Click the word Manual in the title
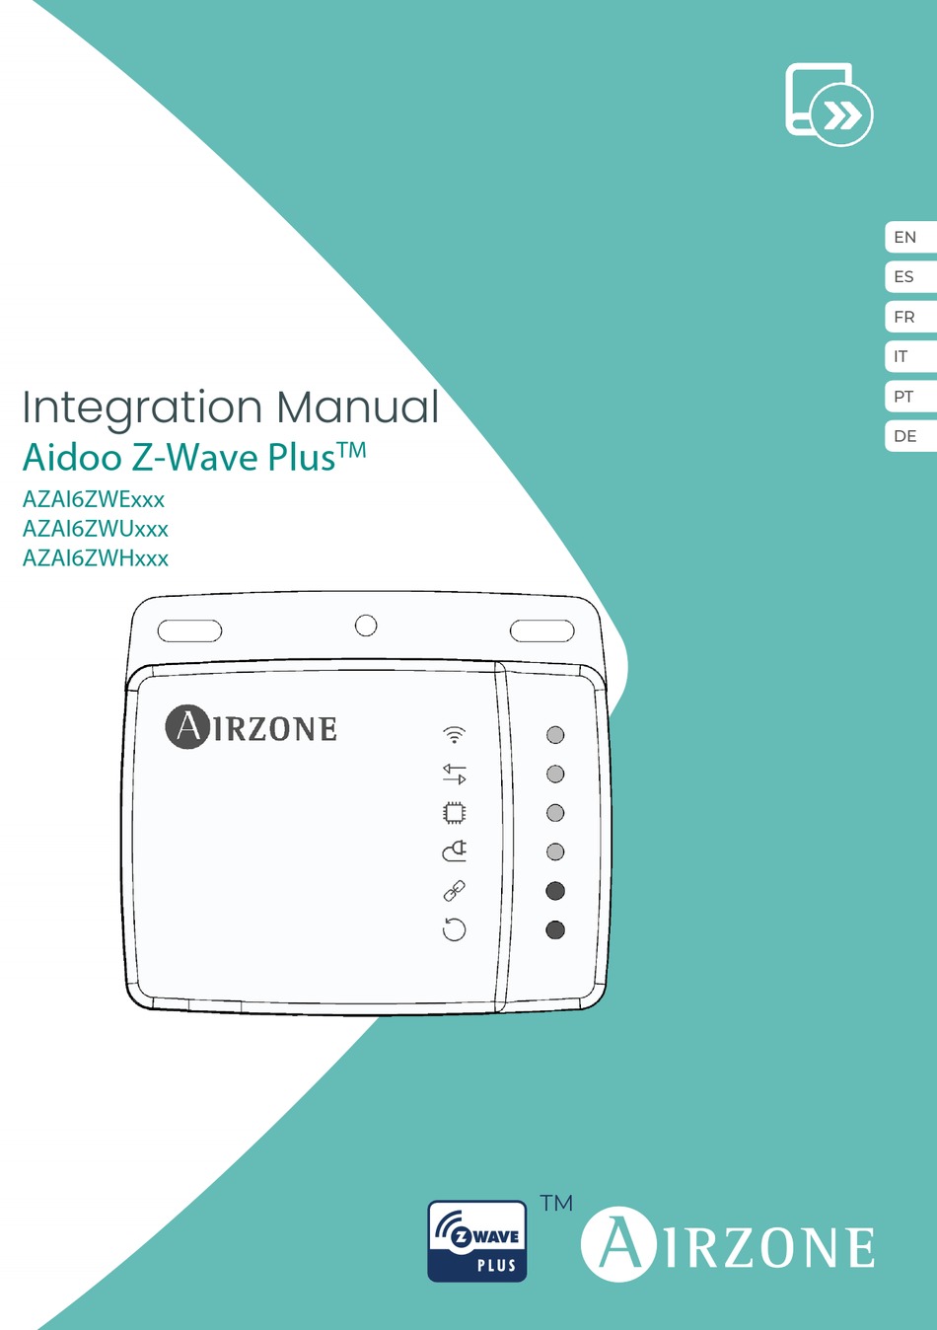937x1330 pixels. [x=357, y=407]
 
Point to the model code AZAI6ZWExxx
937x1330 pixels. [x=94, y=499]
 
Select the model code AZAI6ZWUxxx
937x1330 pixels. [x=96, y=529]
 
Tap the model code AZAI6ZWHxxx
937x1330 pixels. [x=96, y=558]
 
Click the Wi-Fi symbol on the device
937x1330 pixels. [x=454, y=734]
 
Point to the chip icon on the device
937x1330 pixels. [x=454, y=812]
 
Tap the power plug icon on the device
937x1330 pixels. [x=454, y=850]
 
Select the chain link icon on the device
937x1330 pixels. [x=454, y=891]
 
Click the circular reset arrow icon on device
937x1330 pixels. [x=454, y=929]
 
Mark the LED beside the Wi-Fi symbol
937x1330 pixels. [x=555, y=735]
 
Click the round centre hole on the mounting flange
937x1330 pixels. [x=366, y=626]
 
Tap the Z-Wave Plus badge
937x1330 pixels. [x=477, y=1241]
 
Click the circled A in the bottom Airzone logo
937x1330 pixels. [x=618, y=1244]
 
